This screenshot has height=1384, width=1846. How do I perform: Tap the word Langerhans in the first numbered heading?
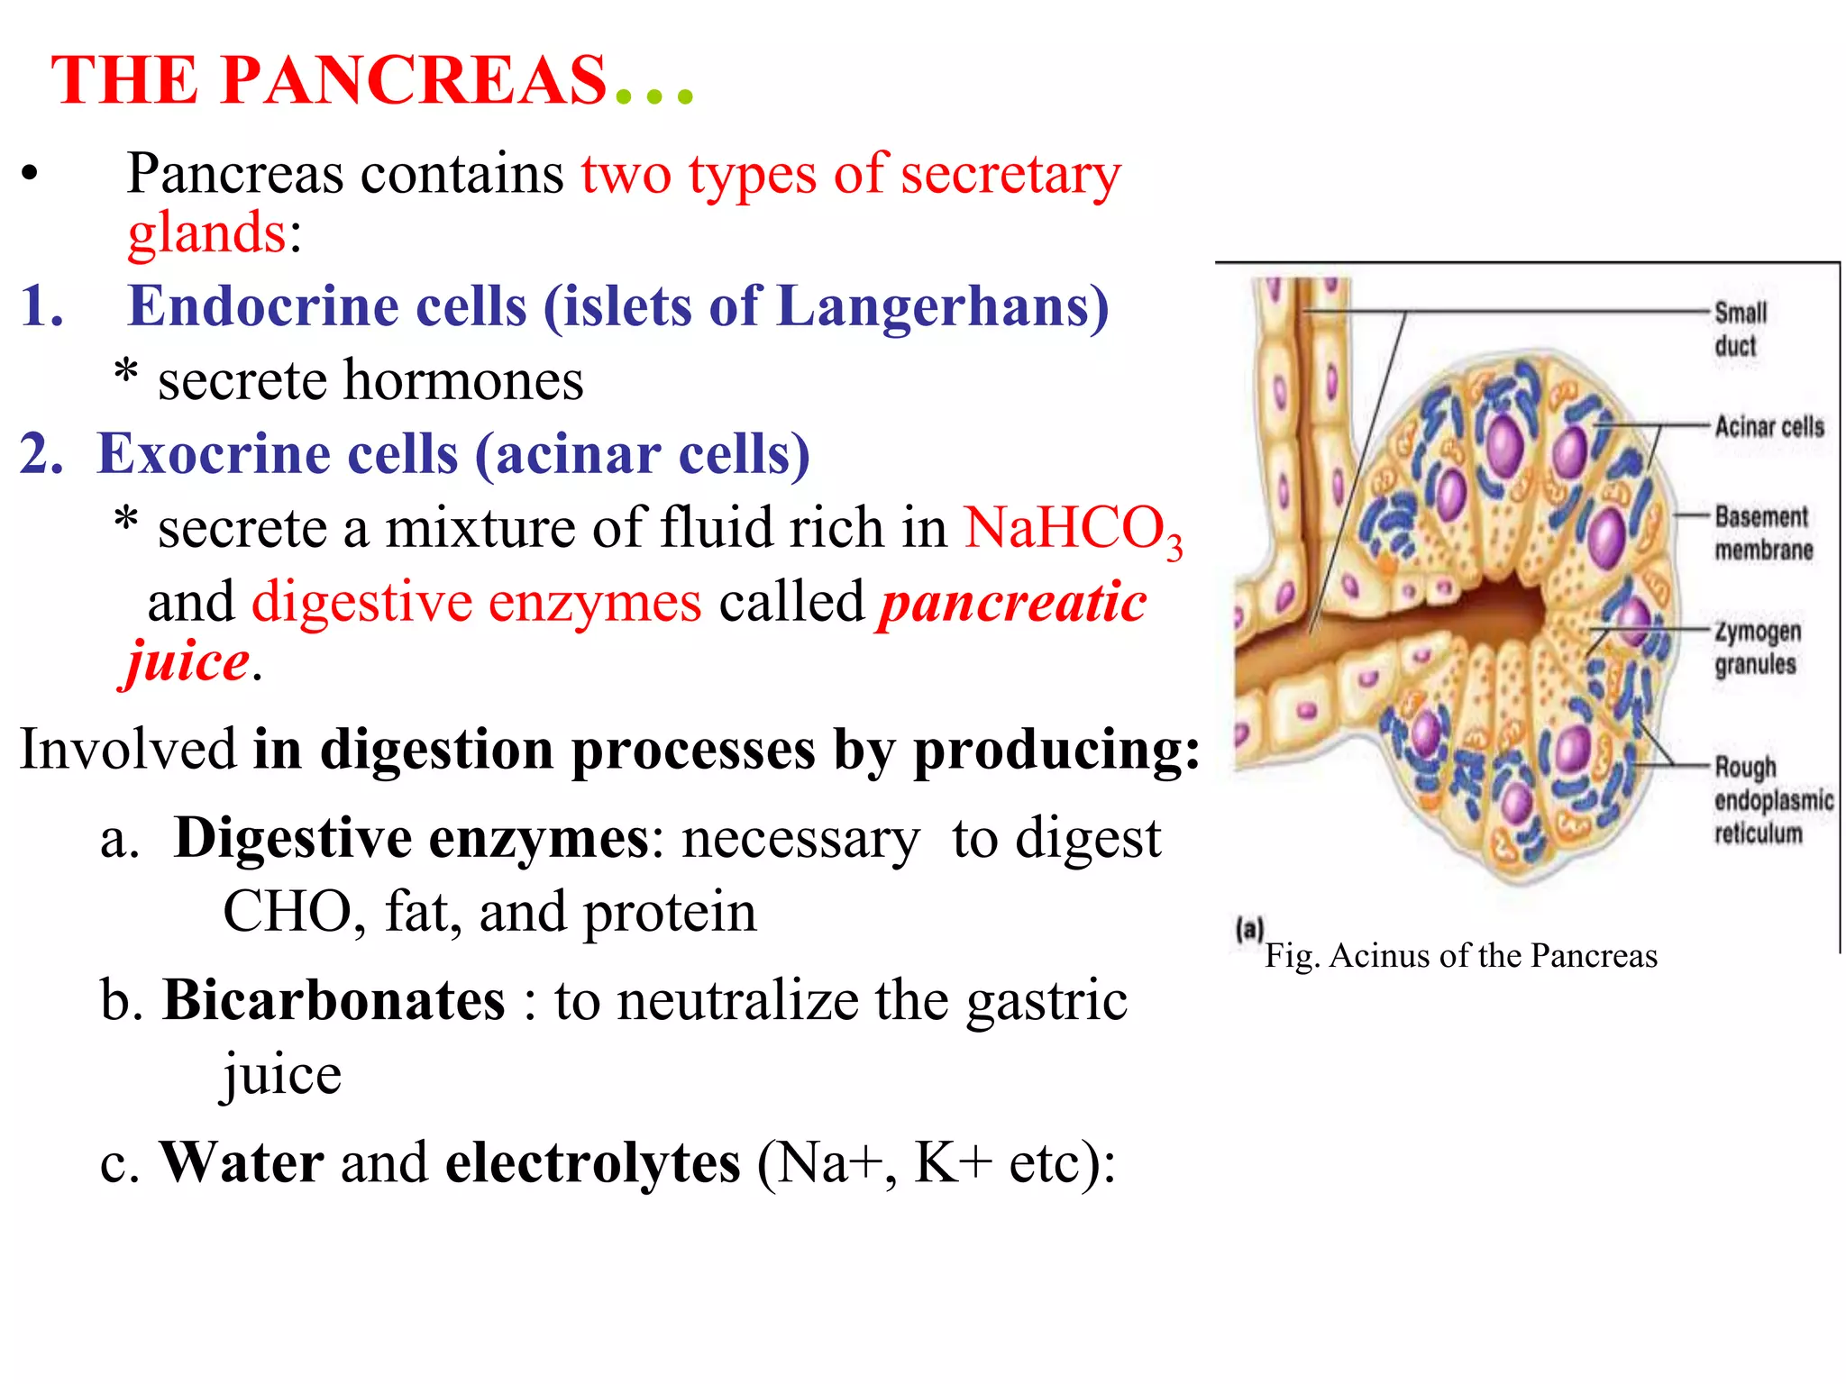[942, 306]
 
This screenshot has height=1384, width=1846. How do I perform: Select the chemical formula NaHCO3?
[1072, 529]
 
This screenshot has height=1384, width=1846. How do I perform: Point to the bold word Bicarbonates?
[334, 1001]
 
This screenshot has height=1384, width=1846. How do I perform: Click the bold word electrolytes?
[593, 1162]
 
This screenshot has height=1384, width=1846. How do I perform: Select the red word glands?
[206, 232]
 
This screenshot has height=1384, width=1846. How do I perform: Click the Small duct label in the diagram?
[1739, 329]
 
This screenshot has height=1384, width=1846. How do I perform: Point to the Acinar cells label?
[1768, 426]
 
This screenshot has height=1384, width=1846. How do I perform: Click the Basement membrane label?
[1762, 533]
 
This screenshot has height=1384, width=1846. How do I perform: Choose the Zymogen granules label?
[1757, 647]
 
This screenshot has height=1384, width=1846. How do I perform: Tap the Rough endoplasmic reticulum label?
[1771, 800]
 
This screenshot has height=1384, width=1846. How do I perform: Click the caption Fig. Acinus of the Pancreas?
[1460, 956]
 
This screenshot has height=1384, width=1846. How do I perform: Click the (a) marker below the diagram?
[1249, 929]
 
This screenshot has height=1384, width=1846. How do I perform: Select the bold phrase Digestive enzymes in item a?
[411, 839]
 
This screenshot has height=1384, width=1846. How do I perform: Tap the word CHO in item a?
[286, 912]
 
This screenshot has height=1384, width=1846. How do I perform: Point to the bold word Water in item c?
[242, 1162]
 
